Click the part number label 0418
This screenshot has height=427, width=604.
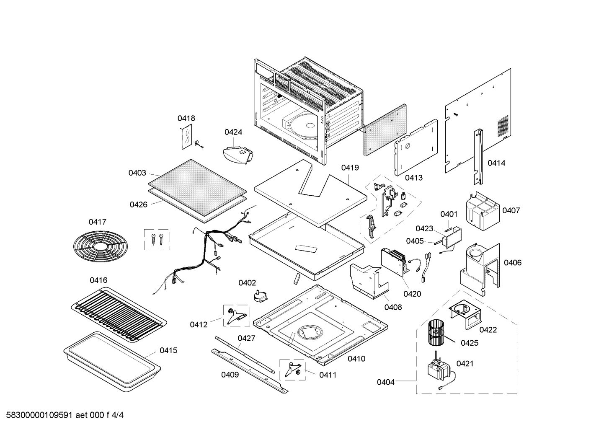[186, 119]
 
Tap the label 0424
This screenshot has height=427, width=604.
[233, 132]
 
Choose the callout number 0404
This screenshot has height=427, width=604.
[385, 382]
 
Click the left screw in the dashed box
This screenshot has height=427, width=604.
[153, 239]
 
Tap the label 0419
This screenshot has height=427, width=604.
[350, 168]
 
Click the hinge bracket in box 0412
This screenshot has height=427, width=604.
[235, 316]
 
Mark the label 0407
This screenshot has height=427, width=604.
[511, 210]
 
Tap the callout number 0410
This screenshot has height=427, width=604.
[356, 359]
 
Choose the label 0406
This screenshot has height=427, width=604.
[513, 263]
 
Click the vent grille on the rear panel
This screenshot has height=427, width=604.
[503, 126]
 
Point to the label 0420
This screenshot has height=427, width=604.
[412, 294]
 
